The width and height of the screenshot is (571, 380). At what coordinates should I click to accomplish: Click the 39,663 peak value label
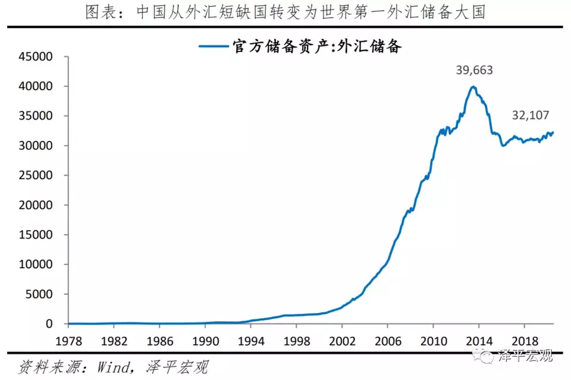474,70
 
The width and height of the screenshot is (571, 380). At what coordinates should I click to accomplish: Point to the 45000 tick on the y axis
37,57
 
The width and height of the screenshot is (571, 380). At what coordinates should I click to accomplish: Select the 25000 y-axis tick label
37,175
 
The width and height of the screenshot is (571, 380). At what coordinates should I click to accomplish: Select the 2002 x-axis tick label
341,343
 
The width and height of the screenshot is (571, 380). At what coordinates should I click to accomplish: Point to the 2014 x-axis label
478,343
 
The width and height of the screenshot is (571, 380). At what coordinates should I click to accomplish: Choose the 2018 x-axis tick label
523,343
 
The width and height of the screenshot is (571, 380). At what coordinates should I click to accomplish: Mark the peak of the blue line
473,87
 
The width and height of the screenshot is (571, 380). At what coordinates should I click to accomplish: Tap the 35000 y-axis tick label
37,117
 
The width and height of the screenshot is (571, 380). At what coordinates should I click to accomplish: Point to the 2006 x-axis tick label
387,343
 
